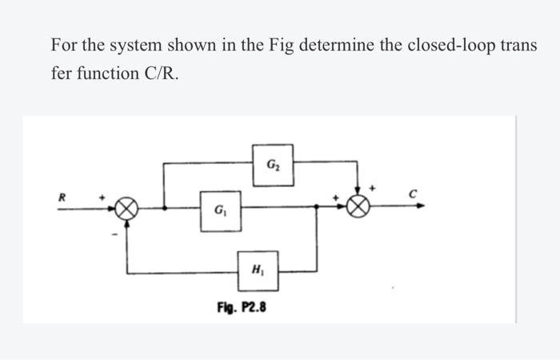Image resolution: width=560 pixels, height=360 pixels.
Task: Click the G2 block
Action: coord(273,163)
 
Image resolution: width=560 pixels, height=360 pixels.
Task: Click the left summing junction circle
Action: coord(126,209)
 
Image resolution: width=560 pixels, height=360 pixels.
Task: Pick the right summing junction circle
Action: coord(358,206)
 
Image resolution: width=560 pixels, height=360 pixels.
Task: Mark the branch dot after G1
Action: coord(318,206)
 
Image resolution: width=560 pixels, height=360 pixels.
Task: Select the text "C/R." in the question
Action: coord(163,73)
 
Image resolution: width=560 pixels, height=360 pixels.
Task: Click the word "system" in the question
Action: coord(130,45)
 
